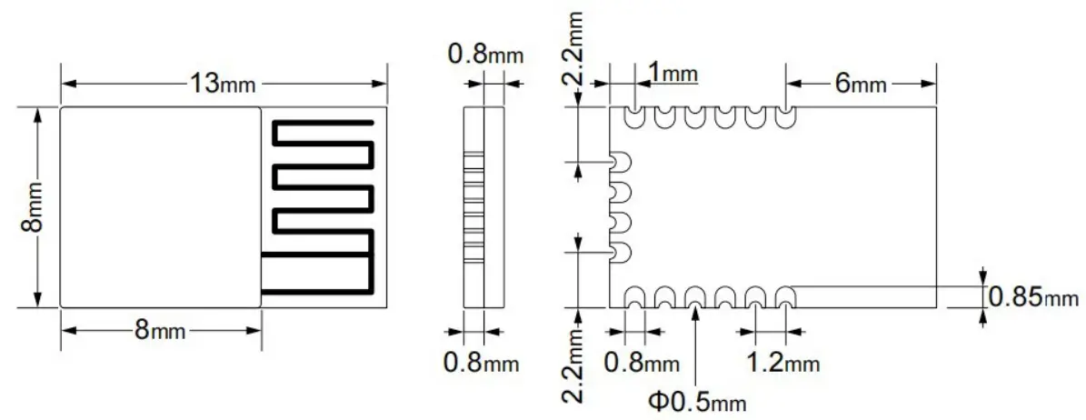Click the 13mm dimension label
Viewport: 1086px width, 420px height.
(223, 84)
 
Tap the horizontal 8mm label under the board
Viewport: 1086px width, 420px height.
(160, 330)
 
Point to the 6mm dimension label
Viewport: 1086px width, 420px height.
(860, 84)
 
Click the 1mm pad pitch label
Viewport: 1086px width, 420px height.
(673, 72)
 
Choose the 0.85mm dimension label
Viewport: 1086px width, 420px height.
(1033, 297)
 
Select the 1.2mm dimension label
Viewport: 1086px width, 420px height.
(782, 363)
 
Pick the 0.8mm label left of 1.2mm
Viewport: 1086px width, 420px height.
(642, 363)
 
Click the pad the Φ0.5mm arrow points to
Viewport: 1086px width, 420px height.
(695, 297)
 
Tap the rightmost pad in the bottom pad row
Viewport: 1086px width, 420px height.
(784, 297)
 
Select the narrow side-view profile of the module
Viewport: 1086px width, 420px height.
(483, 207)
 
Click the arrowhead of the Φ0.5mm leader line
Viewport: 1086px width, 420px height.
(695, 314)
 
